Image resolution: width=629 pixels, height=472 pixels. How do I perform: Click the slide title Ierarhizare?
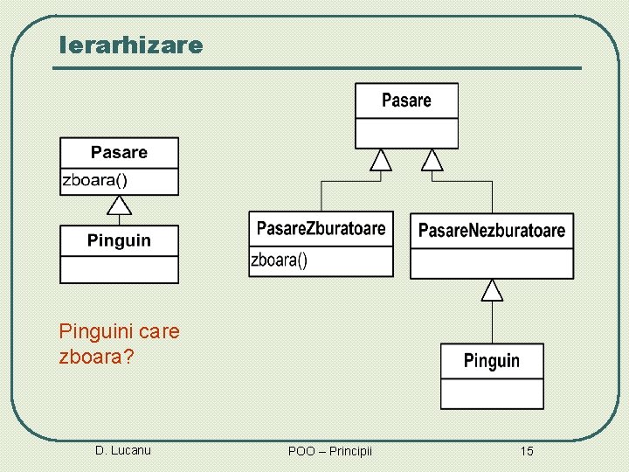(x=130, y=45)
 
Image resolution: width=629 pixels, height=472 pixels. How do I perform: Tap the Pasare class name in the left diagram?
(x=119, y=153)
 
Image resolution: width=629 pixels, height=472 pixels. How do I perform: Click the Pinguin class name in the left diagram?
(x=119, y=240)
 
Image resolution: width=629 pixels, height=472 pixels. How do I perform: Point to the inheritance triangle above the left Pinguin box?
(x=119, y=206)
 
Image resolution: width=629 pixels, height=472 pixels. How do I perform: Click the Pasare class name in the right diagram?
(x=406, y=101)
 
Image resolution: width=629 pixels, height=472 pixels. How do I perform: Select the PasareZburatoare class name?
(x=321, y=229)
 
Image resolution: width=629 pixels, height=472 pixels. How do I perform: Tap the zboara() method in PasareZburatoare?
(x=280, y=260)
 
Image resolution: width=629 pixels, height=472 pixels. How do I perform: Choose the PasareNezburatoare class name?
(x=492, y=231)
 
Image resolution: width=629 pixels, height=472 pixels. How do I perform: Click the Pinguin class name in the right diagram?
(x=491, y=360)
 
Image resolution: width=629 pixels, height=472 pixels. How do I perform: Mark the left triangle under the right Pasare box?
(x=380, y=160)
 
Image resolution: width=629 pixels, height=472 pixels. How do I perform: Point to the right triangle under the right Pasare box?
(x=432, y=160)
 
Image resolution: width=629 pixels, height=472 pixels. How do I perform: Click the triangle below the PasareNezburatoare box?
(x=493, y=290)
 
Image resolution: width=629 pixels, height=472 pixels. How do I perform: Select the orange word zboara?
(x=96, y=357)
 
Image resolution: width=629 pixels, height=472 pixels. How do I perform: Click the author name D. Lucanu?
(x=122, y=450)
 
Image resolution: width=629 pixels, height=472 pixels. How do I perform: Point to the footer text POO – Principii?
(x=329, y=451)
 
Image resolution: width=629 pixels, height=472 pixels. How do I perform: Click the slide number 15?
(x=527, y=451)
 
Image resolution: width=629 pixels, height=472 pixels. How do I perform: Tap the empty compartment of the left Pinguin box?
(x=119, y=268)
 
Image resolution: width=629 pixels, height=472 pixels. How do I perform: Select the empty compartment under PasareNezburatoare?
(x=492, y=263)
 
